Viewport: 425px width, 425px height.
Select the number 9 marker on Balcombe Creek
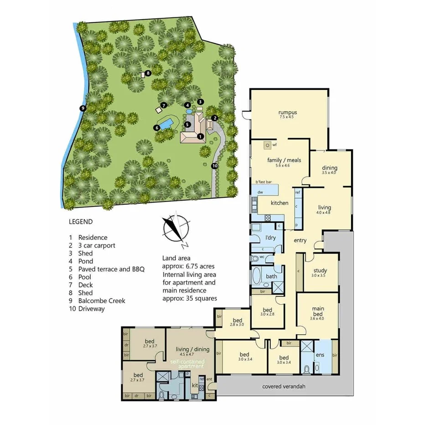tap(83, 108)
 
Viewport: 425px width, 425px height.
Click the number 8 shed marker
tap(148, 73)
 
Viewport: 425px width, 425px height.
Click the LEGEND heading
tap(81, 222)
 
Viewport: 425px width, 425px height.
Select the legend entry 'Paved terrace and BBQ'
tap(111, 269)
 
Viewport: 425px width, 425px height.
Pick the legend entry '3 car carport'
tap(97, 245)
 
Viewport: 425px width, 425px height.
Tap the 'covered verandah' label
tap(284, 387)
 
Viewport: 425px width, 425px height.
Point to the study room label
tap(319, 270)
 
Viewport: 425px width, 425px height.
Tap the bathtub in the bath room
tap(257, 276)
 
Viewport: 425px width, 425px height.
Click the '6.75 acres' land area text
tap(198, 266)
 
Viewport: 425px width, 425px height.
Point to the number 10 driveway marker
tap(215, 166)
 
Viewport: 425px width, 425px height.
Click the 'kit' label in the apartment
tap(194, 386)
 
